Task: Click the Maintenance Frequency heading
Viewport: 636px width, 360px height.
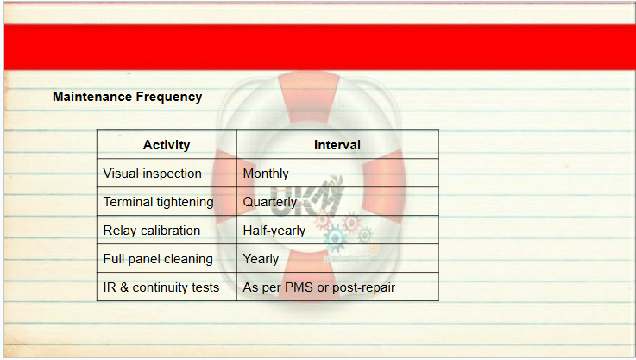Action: (127, 97)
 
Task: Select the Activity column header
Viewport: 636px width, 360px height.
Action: (167, 145)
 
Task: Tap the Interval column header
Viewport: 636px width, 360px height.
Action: (337, 145)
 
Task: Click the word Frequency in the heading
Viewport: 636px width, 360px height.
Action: (169, 97)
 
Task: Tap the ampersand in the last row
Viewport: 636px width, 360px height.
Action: (124, 287)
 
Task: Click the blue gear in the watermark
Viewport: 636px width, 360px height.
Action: (335, 238)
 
